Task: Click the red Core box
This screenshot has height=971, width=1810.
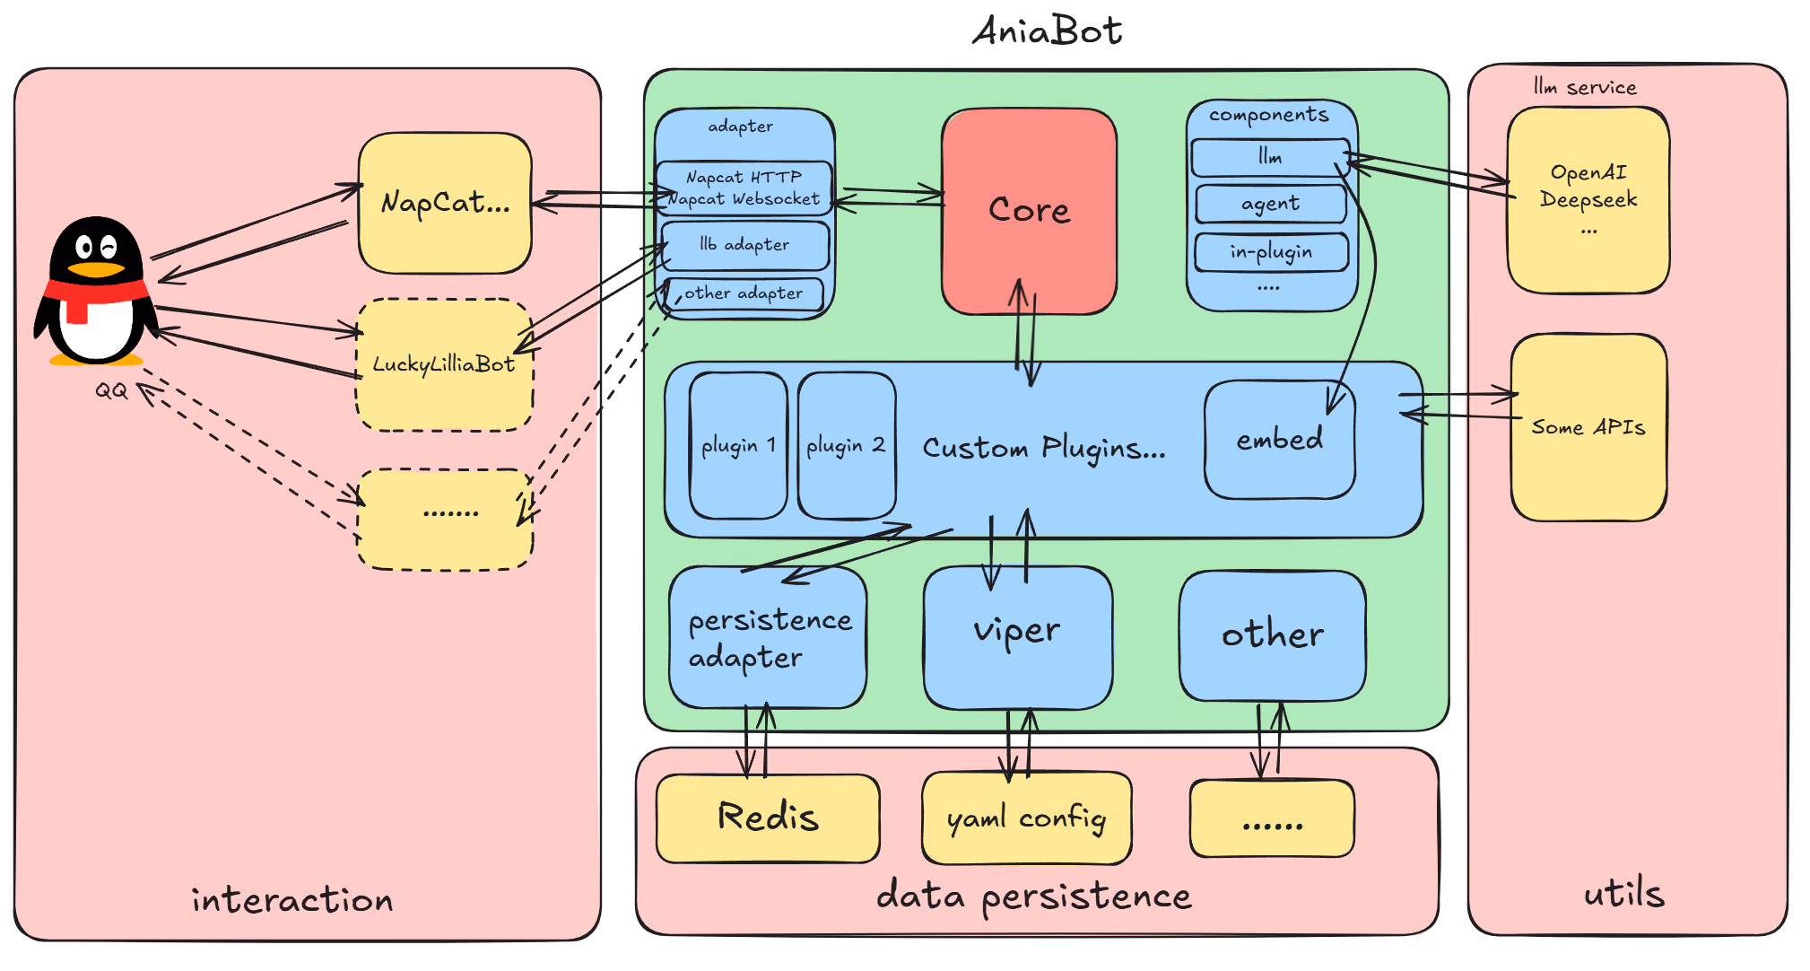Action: tap(1029, 212)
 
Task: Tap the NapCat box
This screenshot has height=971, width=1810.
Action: tap(445, 203)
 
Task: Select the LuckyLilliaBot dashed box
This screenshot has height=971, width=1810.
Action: tap(445, 364)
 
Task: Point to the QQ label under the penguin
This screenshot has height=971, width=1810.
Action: tap(111, 390)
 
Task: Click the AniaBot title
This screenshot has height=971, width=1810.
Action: tap(1047, 31)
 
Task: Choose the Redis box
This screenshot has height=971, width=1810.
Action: tap(768, 818)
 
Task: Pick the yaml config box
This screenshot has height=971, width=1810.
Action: tap(1027, 818)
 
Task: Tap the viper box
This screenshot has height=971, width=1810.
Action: tap(1018, 637)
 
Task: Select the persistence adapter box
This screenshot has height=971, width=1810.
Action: tap(768, 637)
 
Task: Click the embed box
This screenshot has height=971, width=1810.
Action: tap(1280, 440)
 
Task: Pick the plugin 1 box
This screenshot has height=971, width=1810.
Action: tap(738, 445)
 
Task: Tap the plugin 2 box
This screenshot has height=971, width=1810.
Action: tap(847, 445)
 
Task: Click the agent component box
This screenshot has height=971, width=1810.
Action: tap(1271, 204)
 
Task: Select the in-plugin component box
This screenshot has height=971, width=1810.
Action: tap(1272, 252)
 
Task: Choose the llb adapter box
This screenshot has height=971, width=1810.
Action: tap(745, 245)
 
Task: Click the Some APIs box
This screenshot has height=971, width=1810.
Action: tap(1588, 427)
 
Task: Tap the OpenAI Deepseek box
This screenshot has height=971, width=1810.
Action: tap(1588, 199)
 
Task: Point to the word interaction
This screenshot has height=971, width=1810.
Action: tap(292, 899)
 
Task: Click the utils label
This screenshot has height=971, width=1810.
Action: tap(1624, 893)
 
